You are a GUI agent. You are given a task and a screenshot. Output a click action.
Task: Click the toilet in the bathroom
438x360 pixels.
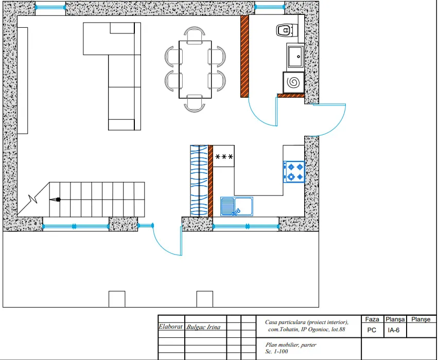pos(286,30)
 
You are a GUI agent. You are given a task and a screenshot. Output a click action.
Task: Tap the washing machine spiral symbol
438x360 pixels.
pos(293,82)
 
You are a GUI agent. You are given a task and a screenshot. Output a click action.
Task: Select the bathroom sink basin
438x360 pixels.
pos(295,57)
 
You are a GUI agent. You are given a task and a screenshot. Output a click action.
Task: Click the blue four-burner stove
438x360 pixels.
pos(294,172)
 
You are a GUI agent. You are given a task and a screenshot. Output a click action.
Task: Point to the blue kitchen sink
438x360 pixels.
pos(237,207)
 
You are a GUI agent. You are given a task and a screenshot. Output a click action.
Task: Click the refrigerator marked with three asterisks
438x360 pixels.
pos(224,156)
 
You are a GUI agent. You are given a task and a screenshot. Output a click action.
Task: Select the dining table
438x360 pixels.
pos(195,69)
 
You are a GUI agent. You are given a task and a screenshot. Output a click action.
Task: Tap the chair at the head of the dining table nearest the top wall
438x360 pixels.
pos(195,34)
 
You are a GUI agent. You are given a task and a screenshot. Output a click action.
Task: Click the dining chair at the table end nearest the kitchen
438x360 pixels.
pos(195,104)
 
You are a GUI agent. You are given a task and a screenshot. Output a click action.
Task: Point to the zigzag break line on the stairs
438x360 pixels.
pos(33,199)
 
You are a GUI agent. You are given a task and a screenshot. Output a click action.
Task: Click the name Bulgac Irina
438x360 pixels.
pos(203,327)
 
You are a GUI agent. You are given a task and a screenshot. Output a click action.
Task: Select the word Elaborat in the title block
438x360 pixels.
pos(170,327)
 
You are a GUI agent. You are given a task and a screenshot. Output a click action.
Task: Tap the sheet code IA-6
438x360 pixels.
pos(394,330)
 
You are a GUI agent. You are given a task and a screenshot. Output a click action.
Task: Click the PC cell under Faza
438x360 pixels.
pos(372,330)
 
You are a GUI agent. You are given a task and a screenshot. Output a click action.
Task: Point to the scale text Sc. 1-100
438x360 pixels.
pos(276,351)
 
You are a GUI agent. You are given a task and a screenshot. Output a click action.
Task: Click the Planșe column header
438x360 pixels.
pos(421,319)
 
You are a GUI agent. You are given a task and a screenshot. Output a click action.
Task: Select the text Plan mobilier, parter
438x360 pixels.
pos(291,345)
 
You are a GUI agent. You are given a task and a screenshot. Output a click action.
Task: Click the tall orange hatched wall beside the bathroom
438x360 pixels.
pos(244,57)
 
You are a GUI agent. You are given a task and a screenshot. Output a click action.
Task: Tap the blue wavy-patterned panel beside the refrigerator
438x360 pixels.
pos(199,181)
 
